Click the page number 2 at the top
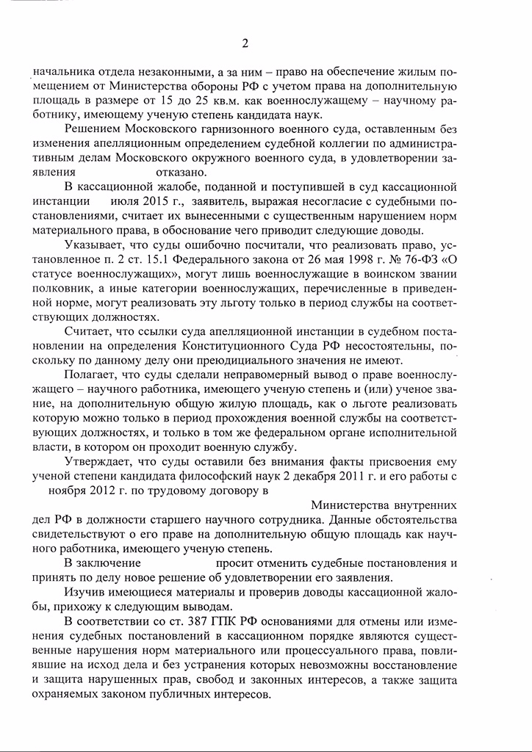tap(245, 43)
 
